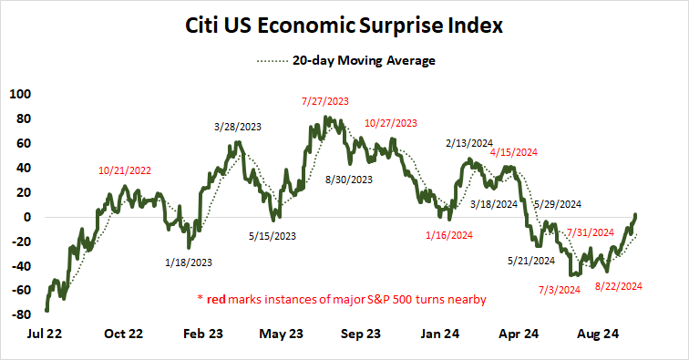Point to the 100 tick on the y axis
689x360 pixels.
(18, 94)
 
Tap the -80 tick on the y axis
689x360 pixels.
(18, 315)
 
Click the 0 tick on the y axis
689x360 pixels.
(27, 217)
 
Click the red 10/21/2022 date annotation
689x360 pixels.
(126, 170)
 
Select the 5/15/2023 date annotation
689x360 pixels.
(273, 236)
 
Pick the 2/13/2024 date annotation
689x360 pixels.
(470, 143)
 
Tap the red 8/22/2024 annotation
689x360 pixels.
(620, 285)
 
